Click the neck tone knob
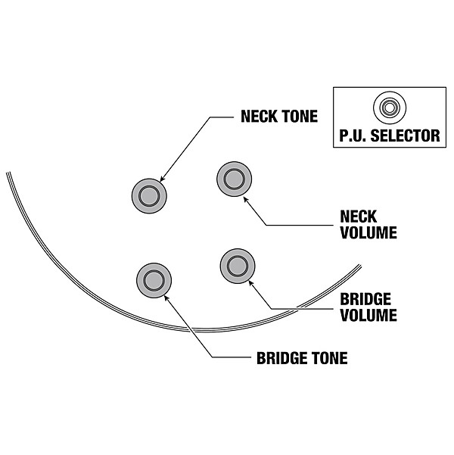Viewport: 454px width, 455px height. (148, 195)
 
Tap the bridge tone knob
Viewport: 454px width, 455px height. (154, 280)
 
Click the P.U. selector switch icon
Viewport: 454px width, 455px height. (389, 108)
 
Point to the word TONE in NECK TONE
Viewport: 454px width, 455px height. (300, 117)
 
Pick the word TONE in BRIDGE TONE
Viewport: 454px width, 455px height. (328, 358)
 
